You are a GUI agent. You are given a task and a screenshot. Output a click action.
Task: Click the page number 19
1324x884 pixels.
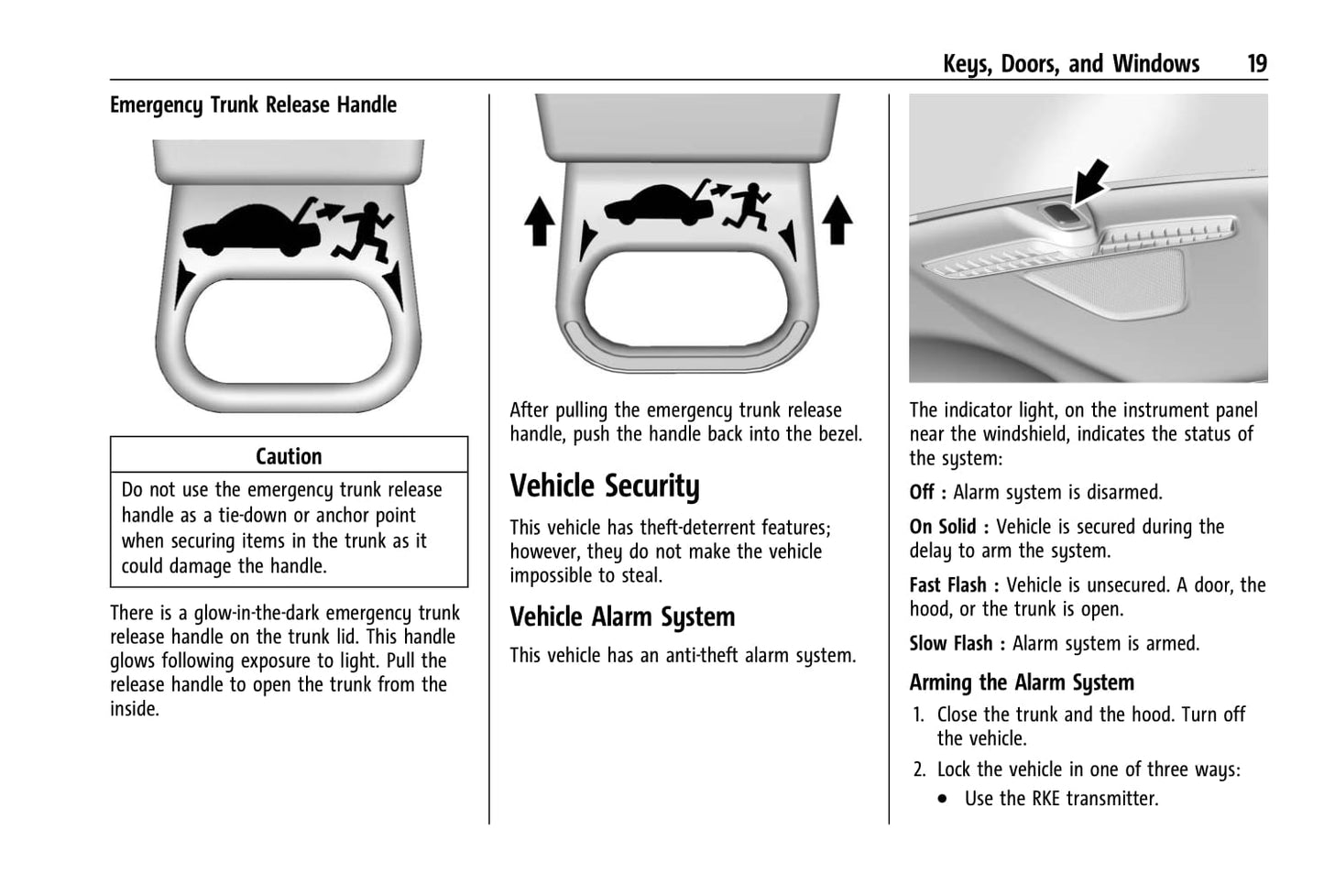1256,63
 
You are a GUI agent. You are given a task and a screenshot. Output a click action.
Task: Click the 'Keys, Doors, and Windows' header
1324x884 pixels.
1070,63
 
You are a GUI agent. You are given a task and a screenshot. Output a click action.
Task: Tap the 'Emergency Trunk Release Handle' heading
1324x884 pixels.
253,105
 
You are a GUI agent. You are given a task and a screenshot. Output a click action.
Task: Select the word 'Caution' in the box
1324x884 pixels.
289,456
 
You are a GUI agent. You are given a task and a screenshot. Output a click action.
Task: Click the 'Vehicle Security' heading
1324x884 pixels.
604,486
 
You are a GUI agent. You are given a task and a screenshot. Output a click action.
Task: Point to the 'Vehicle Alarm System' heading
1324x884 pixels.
622,617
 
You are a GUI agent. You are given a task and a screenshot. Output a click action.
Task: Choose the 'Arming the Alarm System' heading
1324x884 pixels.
1022,682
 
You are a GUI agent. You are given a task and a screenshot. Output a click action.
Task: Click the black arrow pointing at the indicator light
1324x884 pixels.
1090,182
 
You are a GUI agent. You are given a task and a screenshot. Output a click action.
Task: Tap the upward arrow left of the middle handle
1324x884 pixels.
539,223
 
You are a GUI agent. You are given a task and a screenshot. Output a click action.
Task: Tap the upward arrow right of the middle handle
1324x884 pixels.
836,221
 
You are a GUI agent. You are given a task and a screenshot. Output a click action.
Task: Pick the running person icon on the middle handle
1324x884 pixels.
749,207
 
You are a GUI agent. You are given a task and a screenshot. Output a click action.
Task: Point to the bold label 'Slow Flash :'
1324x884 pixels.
957,644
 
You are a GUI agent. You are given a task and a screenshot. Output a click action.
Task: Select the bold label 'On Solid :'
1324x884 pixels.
948,527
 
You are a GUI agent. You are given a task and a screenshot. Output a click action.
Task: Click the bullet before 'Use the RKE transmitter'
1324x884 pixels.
944,800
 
